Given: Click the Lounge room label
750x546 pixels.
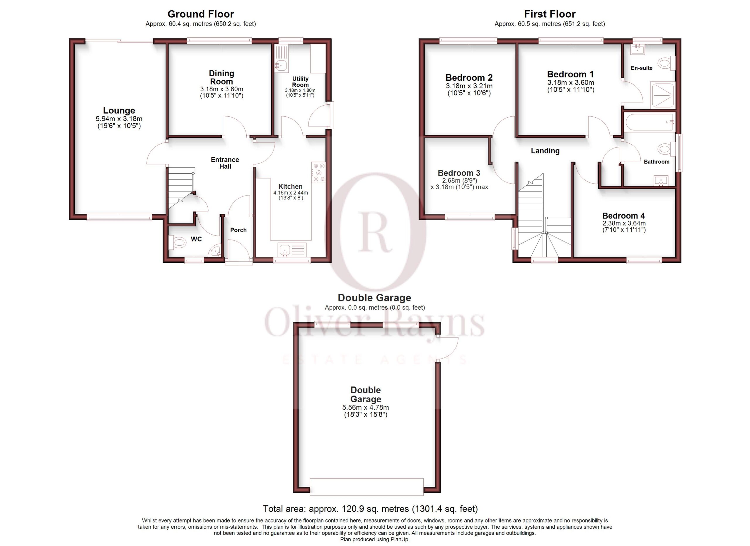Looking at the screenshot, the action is point(119,110).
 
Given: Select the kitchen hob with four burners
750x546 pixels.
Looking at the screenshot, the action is point(318,172).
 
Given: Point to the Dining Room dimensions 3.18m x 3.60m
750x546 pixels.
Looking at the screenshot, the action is point(221,89).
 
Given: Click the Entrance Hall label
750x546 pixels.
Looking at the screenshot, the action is point(225,163).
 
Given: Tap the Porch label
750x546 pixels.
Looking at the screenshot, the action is point(238,230).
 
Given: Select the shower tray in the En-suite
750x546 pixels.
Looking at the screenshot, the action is point(662,95).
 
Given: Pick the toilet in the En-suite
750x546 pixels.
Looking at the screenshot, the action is point(666,63).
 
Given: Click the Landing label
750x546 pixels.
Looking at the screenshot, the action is point(545,151).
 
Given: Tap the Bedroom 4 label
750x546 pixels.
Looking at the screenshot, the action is point(623,216).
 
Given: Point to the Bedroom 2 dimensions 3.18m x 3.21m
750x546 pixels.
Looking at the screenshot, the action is point(469,86).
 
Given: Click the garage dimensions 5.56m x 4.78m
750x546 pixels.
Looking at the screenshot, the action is point(365,407).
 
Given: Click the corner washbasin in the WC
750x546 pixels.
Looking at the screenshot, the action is point(216,251).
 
